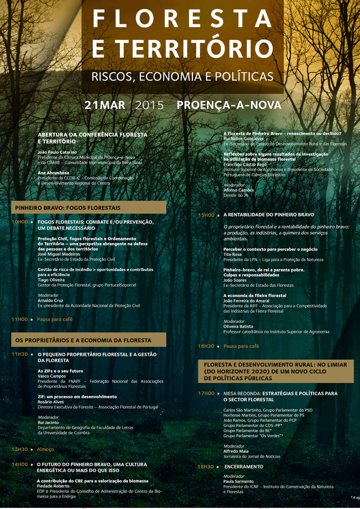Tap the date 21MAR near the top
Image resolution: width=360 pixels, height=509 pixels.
[105, 105]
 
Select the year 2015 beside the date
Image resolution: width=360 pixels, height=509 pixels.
[150, 105]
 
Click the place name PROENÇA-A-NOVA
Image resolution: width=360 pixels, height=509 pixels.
[229, 105]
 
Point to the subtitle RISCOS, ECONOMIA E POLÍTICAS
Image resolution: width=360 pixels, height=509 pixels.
[182, 76]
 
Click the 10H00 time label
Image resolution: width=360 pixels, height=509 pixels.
[20, 222]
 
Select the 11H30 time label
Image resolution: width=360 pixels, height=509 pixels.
[20, 354]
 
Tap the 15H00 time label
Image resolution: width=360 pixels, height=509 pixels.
[206, 215]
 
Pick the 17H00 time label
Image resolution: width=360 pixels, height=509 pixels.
[206, 393]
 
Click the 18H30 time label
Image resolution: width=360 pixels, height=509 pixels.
[206, 467]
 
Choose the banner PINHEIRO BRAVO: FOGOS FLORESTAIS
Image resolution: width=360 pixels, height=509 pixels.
[68, 208]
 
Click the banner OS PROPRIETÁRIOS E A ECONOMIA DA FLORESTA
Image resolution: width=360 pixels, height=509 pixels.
[83, 340]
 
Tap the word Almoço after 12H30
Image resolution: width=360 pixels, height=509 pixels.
[45, 449]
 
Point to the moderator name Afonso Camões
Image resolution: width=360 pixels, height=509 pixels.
[239, 190]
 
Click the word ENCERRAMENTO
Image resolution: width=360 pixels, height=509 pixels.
[244, 467]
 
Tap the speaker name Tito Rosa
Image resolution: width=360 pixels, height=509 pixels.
[233, 254]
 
